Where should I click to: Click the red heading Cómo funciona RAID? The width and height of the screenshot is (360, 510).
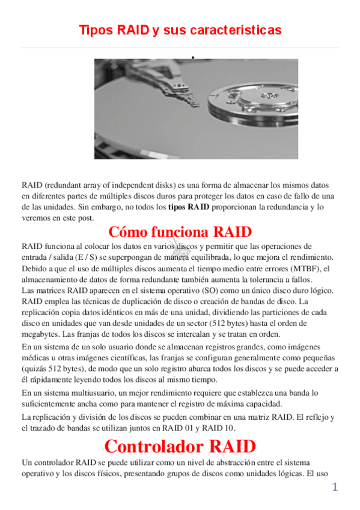click(x=180, y=232)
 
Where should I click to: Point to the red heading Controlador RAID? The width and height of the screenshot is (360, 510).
click(x=180, y=447)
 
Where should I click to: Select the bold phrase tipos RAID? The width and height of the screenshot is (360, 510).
click(x=189, y=207)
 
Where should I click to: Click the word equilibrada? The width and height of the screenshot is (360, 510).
click(x=225, y=257)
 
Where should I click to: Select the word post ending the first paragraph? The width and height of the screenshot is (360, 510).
click(x=84, y=218)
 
